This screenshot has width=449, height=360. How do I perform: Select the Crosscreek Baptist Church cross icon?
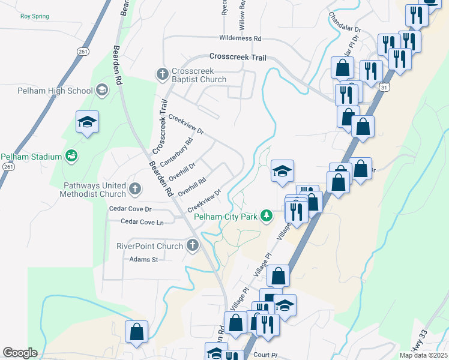(x=161, y=74)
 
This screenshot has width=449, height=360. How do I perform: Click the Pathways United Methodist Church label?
(x=93, y=190)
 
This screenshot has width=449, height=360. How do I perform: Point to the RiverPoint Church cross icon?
(x=193, y=245)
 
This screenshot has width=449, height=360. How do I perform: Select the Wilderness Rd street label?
(x=241, y=38)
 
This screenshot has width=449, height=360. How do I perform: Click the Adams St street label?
(x=143, y=260)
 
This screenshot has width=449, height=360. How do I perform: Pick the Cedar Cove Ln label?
(x=142, y=222)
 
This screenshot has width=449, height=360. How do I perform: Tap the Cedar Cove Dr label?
(x=130, y=209)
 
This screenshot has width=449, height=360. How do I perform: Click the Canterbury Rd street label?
(x=181, y=152)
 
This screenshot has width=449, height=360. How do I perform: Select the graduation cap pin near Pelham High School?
(x=87, y=122)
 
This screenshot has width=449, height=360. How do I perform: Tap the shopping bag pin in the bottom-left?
(x=137, y=332)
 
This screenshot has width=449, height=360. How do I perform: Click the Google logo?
(x=20, y=353)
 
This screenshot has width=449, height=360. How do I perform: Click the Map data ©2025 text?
(x=423, y=355)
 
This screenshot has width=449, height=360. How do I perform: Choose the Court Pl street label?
(x=263, y=355)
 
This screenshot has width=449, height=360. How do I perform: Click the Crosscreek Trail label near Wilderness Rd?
(x=237, y=57)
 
